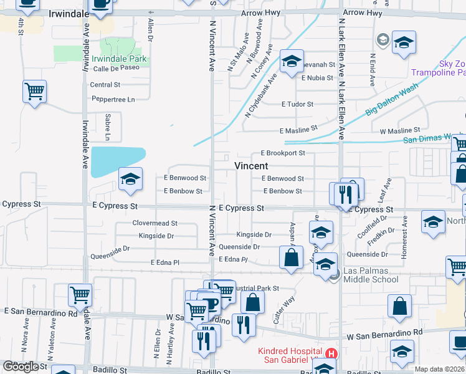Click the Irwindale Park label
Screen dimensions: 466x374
pos(119,59)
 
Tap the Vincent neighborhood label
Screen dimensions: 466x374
pos(251,166)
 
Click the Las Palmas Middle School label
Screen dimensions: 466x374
pos(371,275)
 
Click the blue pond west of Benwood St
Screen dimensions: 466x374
pos(118,161)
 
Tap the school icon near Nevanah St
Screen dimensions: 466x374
pos(291,62)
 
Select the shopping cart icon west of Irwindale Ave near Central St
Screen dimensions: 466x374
pos(34,92)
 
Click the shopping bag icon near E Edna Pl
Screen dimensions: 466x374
pos(291,257)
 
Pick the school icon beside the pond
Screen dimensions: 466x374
pos(130,180)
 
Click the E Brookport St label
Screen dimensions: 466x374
pos(283,153)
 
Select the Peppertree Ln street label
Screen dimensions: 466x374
pos(113,99)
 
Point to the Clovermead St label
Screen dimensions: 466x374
pos(155,223)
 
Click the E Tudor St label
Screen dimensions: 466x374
pos(297,104)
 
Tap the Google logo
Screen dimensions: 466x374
pos(21,366)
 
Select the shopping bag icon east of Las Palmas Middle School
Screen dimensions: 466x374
pos(399,306)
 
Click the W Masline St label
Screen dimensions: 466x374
pos(400,131)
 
